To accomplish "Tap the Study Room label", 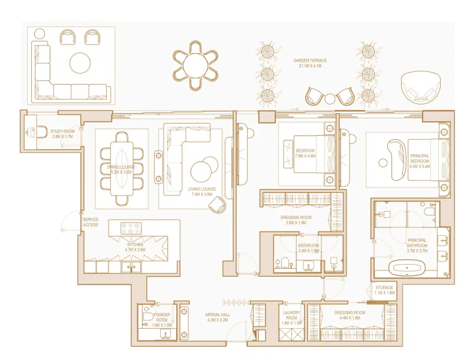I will [x=62, y=134].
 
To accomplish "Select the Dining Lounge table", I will [x=122, y=168].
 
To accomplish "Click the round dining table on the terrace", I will [x=196, y=62].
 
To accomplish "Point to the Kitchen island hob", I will [x=131, y=228].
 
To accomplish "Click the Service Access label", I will [x=91, y=222].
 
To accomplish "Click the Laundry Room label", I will [x=291, y=317].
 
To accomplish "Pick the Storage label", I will [x=384, y=290].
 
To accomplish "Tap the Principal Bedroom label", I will [x=419, y=158].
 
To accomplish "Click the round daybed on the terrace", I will [x=420, y=88].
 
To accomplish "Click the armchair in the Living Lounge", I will [x=216, y=205].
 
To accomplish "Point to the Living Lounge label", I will [x=202, y=191].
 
